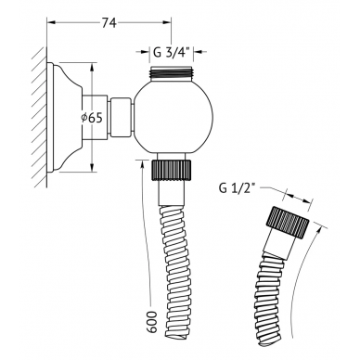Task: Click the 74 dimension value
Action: [x=109, y=22]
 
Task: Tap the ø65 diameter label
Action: [x=92, y=118]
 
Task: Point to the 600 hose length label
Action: [x=151, y=322]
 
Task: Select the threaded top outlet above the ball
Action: [x=171, y=74]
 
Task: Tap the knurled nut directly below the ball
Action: [x=171, y=170]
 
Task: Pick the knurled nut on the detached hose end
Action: [x=287, y=222]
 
